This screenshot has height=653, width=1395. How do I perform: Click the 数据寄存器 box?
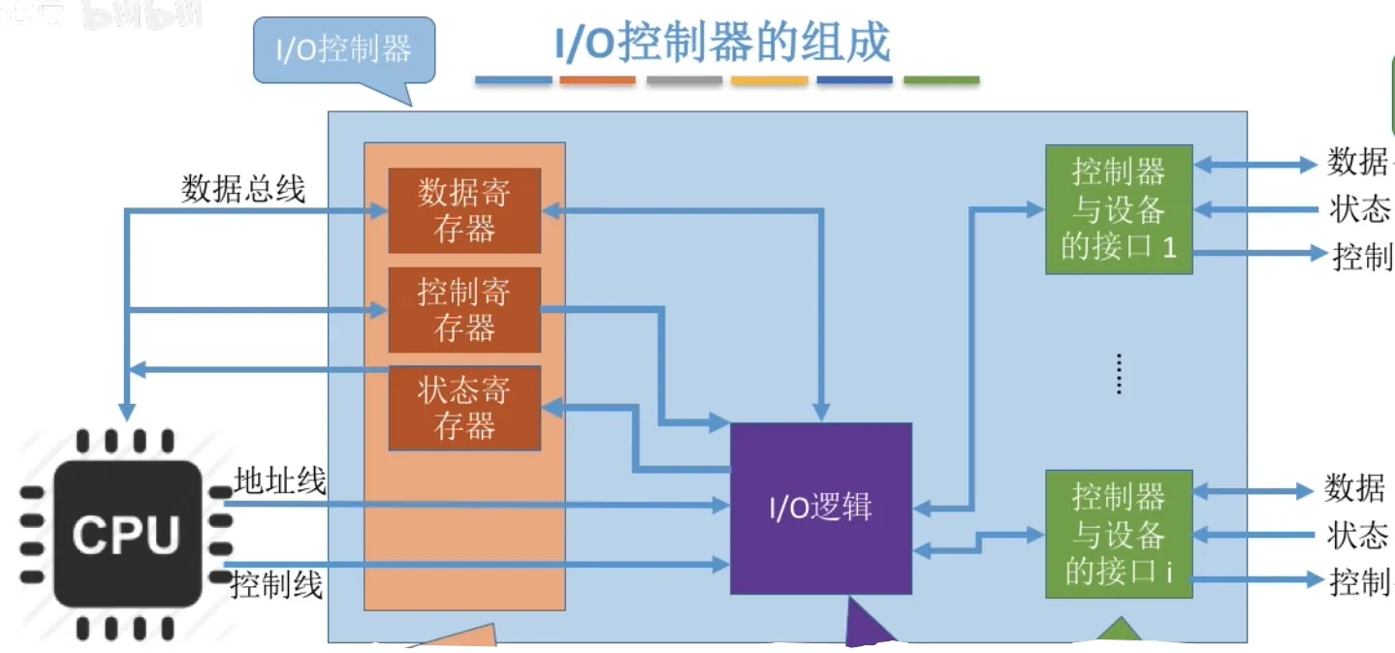coord(464,210)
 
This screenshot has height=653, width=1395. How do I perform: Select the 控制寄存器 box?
coord(464,310)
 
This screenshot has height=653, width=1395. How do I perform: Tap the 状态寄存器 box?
coord(464,408)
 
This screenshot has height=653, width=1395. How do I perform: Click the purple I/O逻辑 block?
coord(820,508)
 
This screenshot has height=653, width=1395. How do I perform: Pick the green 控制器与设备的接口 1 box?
coord(1118,210)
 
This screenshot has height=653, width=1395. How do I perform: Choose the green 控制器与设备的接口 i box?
coord(1118,534)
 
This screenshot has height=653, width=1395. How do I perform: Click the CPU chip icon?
coord(127,535)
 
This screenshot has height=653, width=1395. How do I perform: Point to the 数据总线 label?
coord(243,189)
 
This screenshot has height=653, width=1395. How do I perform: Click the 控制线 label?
coord(276,585)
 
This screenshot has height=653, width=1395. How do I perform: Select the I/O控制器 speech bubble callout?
coord(344,50)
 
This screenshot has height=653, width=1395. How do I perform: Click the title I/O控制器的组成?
coord(722,44)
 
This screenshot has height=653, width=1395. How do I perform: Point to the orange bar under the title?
coord(598,80)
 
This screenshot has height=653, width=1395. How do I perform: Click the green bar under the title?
coord(940,80)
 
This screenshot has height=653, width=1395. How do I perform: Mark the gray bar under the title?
coord(684,80)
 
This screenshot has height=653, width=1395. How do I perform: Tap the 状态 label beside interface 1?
coord(1358,209)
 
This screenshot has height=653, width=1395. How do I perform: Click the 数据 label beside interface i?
coord(1354,489)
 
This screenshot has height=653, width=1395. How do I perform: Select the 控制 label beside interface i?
coord(1360,582)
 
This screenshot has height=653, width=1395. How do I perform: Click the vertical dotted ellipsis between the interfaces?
coord(1118,374)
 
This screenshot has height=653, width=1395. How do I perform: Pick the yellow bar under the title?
coord(769,80)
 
